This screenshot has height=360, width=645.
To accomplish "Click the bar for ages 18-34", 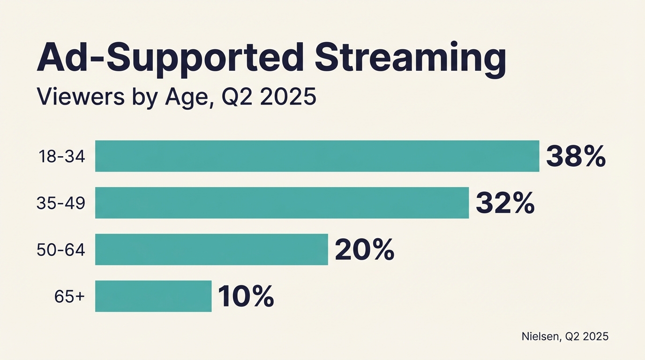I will point(317,156).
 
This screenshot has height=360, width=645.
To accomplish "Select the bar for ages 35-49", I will point(282,202).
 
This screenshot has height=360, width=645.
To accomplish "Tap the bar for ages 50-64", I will point(211,249).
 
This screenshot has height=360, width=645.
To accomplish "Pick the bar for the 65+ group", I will point(153,296).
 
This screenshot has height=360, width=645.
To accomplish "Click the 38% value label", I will point(576,157).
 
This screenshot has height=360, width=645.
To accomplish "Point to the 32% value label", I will point(505,203).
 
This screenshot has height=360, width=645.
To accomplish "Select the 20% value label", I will point(364,250).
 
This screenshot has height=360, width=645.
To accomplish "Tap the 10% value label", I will point(246,297).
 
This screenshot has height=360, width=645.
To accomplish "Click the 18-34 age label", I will point(61,157).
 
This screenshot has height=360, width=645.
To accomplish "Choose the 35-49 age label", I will point(61,203).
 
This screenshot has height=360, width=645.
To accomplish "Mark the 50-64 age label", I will point(61,250).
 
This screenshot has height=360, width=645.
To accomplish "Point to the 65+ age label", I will point(69,296).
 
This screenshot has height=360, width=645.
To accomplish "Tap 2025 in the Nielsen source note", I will point(595,336).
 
